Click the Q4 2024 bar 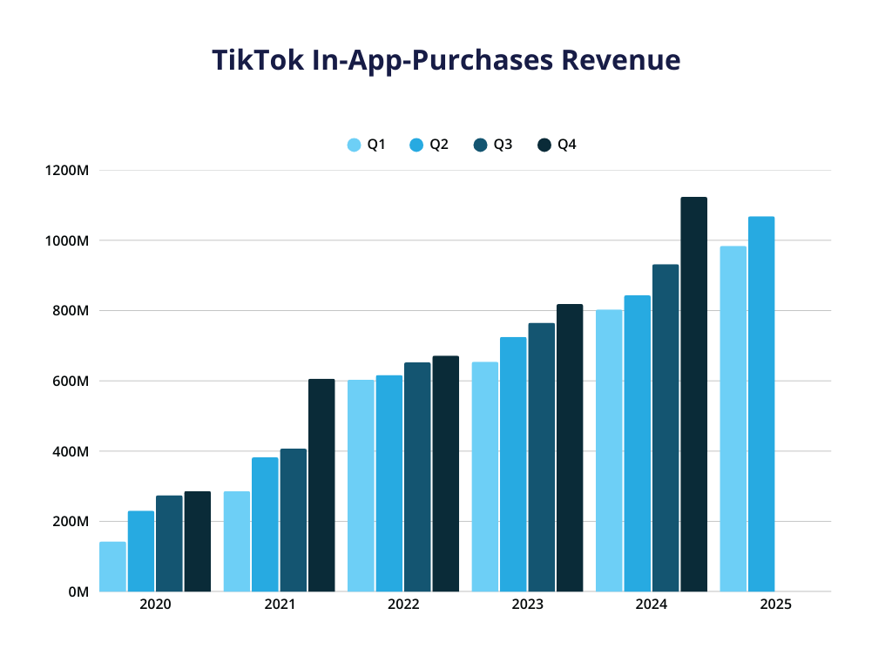point(693,395)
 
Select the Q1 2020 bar point(112,567)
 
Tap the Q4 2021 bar point(321,485)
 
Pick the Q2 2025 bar point(760,404)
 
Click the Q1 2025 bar point(733,419)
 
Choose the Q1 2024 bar point(609,450)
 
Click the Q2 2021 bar point(265,524)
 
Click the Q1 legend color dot point(354,145)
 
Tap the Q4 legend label point(567,145)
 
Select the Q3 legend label point(503,145)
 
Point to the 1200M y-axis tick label point(67,171)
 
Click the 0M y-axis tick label point(78,592)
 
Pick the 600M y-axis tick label point(70,382)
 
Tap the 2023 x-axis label point(528,605)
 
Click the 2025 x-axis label point(775,605)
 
